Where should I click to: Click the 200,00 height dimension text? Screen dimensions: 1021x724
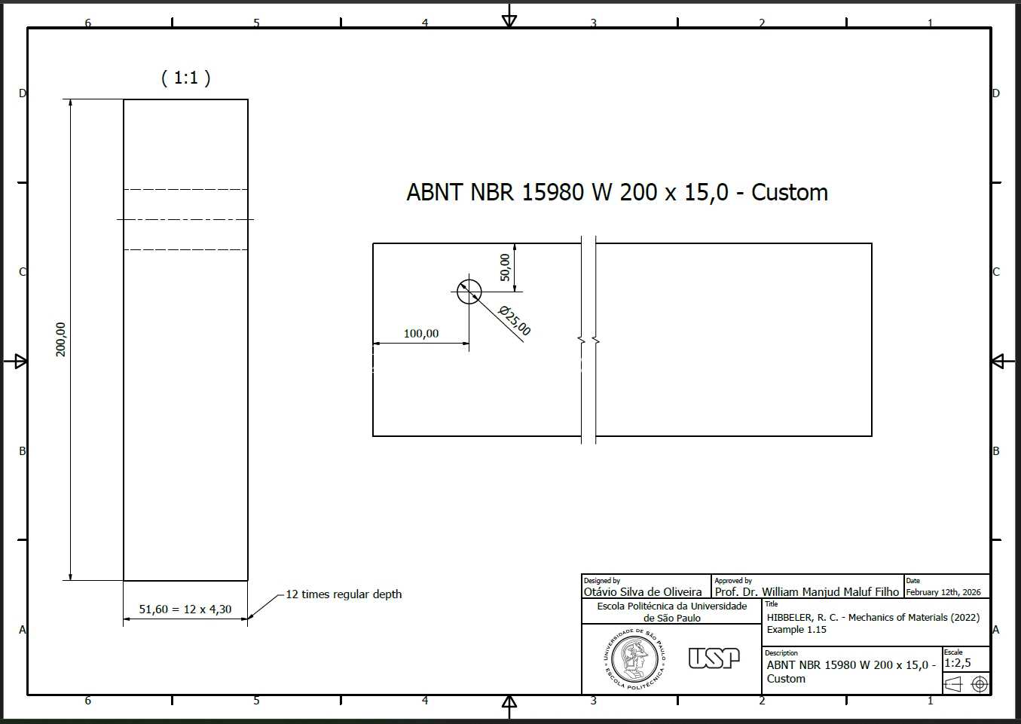click(x=60, y=339)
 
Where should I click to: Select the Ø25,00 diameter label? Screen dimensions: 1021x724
click(x=515, y=321)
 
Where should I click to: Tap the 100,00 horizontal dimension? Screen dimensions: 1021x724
click(x=421, y=334)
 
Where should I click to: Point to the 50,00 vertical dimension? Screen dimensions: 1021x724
click(x=505, y=267)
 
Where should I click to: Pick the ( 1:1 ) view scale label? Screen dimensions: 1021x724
click(x=186, y=78)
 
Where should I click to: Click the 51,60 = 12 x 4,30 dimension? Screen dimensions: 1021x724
click(x=185, y=609)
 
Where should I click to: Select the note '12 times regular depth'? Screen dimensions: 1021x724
click(x=344, y=594)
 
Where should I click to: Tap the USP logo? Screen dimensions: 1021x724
click(x=714, y=658)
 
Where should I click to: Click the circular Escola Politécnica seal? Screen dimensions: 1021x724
click(x=634, y=659)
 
